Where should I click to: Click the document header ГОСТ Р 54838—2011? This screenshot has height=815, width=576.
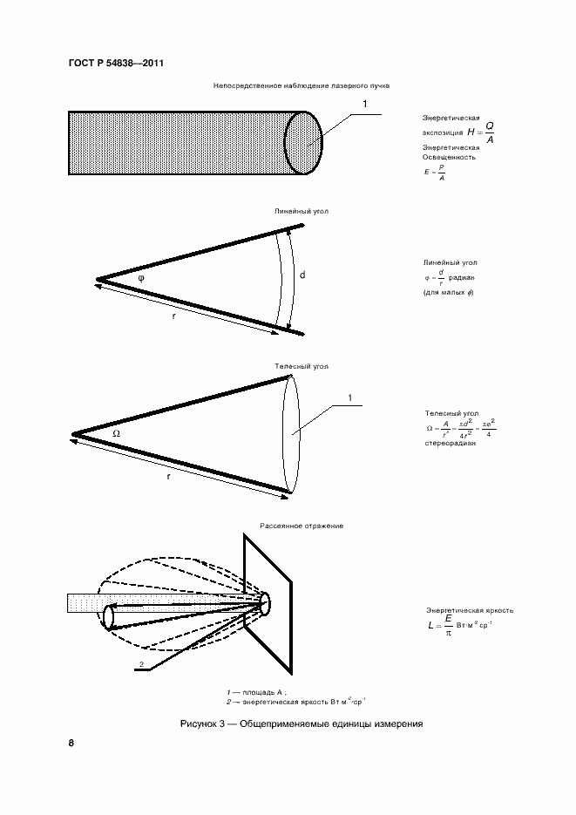pos(115,64)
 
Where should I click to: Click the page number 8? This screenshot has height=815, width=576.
pos(71,744)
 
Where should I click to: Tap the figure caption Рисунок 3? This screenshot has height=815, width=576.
pos(301,723)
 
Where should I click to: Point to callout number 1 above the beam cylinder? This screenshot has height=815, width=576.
pos(364,104)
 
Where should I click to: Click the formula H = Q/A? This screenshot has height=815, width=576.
pos(480,132)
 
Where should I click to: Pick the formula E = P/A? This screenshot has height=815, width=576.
pos(435,173)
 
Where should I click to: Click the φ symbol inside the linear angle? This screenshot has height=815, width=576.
pos(140,276)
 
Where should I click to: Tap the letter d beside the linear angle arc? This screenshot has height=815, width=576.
pos(302,275)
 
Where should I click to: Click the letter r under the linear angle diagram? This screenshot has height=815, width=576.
pos(173,316)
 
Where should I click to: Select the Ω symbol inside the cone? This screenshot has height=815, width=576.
pos(116,432)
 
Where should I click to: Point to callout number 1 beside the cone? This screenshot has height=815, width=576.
pos(349,398)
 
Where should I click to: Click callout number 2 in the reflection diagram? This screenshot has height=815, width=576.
pos(139,665)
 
